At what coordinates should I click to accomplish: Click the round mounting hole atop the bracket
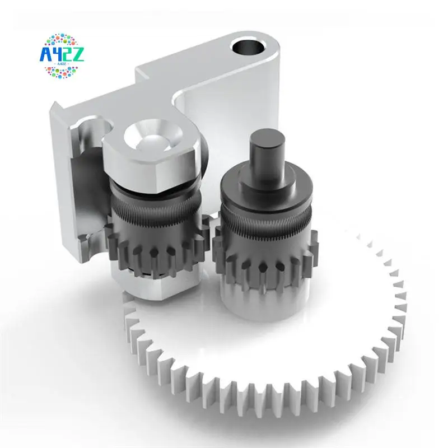pos(246,46)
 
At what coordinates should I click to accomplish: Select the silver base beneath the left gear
pos(151,286)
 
